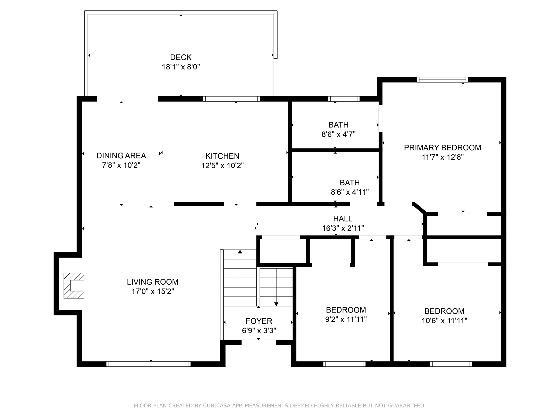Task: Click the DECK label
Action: tap(181, 57)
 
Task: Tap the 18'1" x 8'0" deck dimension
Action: tap(181, 67)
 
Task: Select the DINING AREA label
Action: tap(121, 156)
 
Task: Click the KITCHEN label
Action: tap(222, 156)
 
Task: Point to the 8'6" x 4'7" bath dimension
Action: tap(339, 134)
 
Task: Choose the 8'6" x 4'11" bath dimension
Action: tap(350, 192)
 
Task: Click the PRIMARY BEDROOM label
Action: tap(442, 148)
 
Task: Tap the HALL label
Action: tap(343, 219)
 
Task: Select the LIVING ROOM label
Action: tap(153, 282)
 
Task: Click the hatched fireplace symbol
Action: tap(74, 285)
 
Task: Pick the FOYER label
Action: tap(259, 321)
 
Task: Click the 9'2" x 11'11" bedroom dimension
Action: tap(346, 319)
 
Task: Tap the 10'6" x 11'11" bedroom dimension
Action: tap(444, 320)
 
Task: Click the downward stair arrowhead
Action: tap(276, 304)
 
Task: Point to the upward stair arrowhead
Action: tap(240, 252)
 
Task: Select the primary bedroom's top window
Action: tap(442, 80)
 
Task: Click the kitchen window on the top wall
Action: tap(231, 99)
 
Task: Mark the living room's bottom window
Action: tap(148, 364)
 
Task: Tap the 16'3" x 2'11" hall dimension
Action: tap(343, 228)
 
